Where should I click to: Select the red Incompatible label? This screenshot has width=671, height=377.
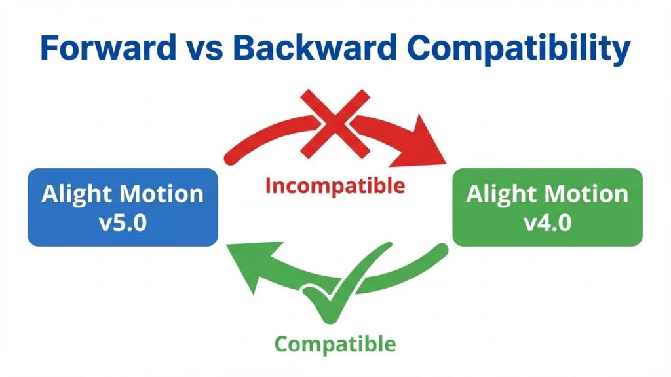pos(335,186)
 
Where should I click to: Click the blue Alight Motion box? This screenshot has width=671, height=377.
pos(123,207)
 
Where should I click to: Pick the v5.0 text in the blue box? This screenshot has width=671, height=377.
pos(123,221)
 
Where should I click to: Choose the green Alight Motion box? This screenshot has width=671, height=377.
pos(547,207)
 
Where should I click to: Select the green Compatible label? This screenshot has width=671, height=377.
pos(335,343)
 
